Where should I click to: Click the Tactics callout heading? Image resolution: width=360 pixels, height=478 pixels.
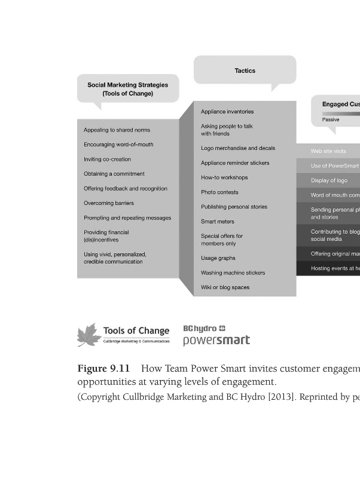[245, 71]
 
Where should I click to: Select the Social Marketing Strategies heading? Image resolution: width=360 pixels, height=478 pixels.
[127, 89]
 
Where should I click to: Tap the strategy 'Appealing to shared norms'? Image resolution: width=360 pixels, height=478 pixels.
[117, 130]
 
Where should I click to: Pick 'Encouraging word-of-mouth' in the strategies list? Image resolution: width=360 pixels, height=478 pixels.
[118, 145]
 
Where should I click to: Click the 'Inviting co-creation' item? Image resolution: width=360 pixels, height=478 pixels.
[107, 159]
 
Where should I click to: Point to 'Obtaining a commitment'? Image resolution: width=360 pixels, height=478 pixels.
[114, 174]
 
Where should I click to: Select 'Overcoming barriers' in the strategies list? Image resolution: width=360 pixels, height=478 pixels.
[108, 203]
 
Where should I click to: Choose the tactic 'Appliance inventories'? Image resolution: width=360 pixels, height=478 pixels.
[227, 112]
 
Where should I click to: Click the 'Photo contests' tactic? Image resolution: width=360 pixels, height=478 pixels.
[219, 192]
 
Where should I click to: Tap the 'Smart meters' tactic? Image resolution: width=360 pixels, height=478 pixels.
[217, 222]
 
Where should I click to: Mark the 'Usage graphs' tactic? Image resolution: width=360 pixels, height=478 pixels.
[218, 258]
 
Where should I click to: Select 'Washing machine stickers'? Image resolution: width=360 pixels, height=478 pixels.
[233, 273]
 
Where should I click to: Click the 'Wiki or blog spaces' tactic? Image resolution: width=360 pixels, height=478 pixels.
[225, 287]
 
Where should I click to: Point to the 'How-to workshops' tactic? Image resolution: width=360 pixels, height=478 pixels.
[224, 177]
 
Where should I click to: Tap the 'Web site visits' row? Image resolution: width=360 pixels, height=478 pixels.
[328, 151]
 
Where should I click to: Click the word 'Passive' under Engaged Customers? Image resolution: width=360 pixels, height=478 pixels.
[331, 119]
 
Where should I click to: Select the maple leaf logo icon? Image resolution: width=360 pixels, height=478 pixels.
[89, 335]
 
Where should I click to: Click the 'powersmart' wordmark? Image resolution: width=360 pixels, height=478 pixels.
[216, 341]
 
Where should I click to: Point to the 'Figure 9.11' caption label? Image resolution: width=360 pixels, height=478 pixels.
[103, 368]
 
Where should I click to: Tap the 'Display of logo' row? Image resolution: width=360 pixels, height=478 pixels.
[329, 180]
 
